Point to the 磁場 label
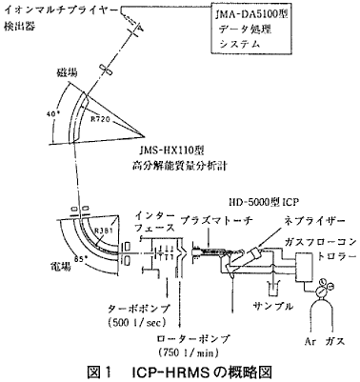(70, 72)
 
